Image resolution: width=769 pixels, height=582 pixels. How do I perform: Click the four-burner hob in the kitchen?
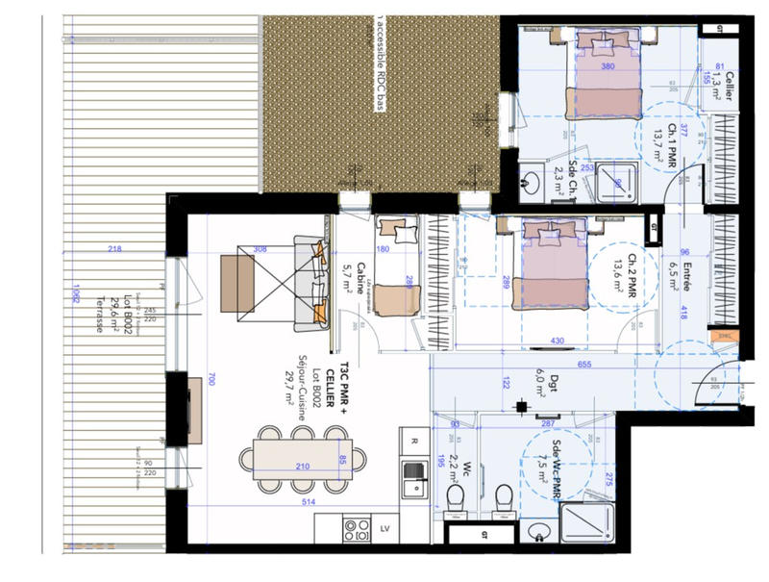(357, 530)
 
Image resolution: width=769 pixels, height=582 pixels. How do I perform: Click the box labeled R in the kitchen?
(414, 443)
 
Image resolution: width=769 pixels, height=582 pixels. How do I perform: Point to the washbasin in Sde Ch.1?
(533, 180)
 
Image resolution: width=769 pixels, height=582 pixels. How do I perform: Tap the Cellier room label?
(730, 91)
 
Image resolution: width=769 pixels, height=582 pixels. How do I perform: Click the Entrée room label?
(687, 272)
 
